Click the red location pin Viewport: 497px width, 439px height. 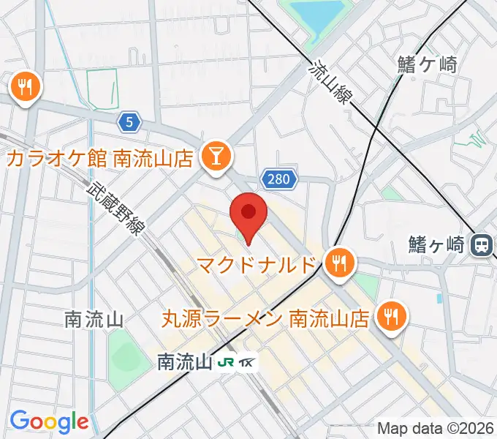(x=248, y=214)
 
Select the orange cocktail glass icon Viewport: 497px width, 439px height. (x=216, y=155)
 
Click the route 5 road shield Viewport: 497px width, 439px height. (x=129, y=123)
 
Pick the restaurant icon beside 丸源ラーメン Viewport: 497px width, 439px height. (x=392, y=315)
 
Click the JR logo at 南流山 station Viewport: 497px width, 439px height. (x=227, y=362)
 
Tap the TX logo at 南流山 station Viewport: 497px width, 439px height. (x=248, y=362)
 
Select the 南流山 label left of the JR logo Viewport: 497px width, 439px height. (x=184, y=362)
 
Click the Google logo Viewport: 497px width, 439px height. (x=48, y=421)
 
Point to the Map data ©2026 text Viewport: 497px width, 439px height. (x=436, y=428)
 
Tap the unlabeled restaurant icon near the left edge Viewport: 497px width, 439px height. (x=26, y=88)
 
